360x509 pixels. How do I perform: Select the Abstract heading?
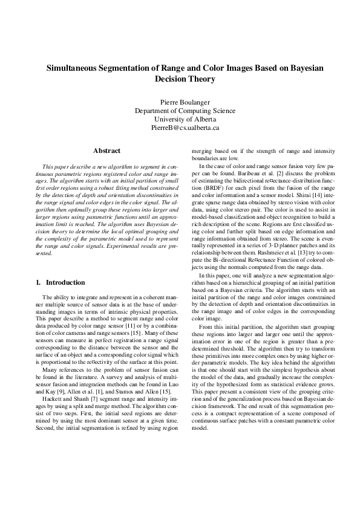point(106,151)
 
